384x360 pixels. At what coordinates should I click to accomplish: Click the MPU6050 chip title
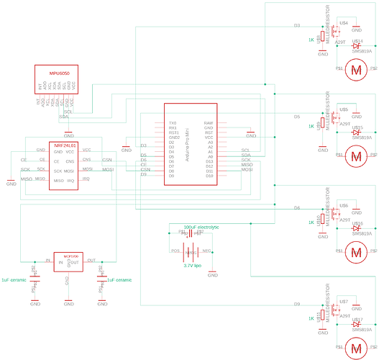coord(55,73)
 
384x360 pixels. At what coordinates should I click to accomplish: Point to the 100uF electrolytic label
coord(201,227)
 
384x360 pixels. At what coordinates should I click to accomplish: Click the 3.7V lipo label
coord(193,266)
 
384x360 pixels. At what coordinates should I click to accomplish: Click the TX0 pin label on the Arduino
coord(172,123)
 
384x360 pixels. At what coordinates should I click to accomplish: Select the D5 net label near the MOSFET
coord(297,116)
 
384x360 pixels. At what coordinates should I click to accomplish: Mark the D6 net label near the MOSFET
coord(296,207)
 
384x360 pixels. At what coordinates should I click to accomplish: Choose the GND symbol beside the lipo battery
coord(212,274)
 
